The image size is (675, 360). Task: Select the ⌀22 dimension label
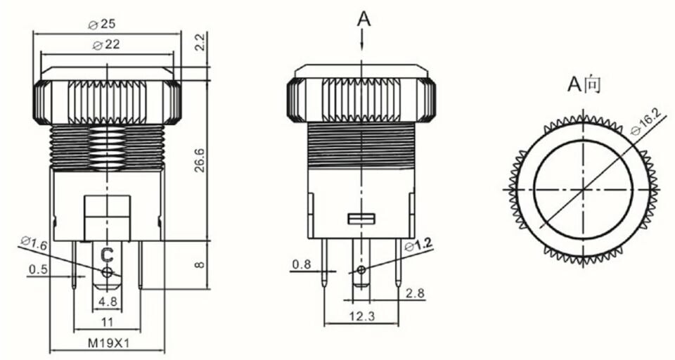click(x=105, y=44)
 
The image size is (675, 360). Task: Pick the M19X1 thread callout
click(x=106, y=344)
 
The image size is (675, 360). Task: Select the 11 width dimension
click(x=106, y=321)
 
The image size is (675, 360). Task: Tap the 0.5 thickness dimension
click(x=38, y=269)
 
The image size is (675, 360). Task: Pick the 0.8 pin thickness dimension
click(x=302, y=264)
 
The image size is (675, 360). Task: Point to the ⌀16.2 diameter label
click(x=647, y=122)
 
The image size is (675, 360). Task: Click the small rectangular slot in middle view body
click(x=361, y=219)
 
